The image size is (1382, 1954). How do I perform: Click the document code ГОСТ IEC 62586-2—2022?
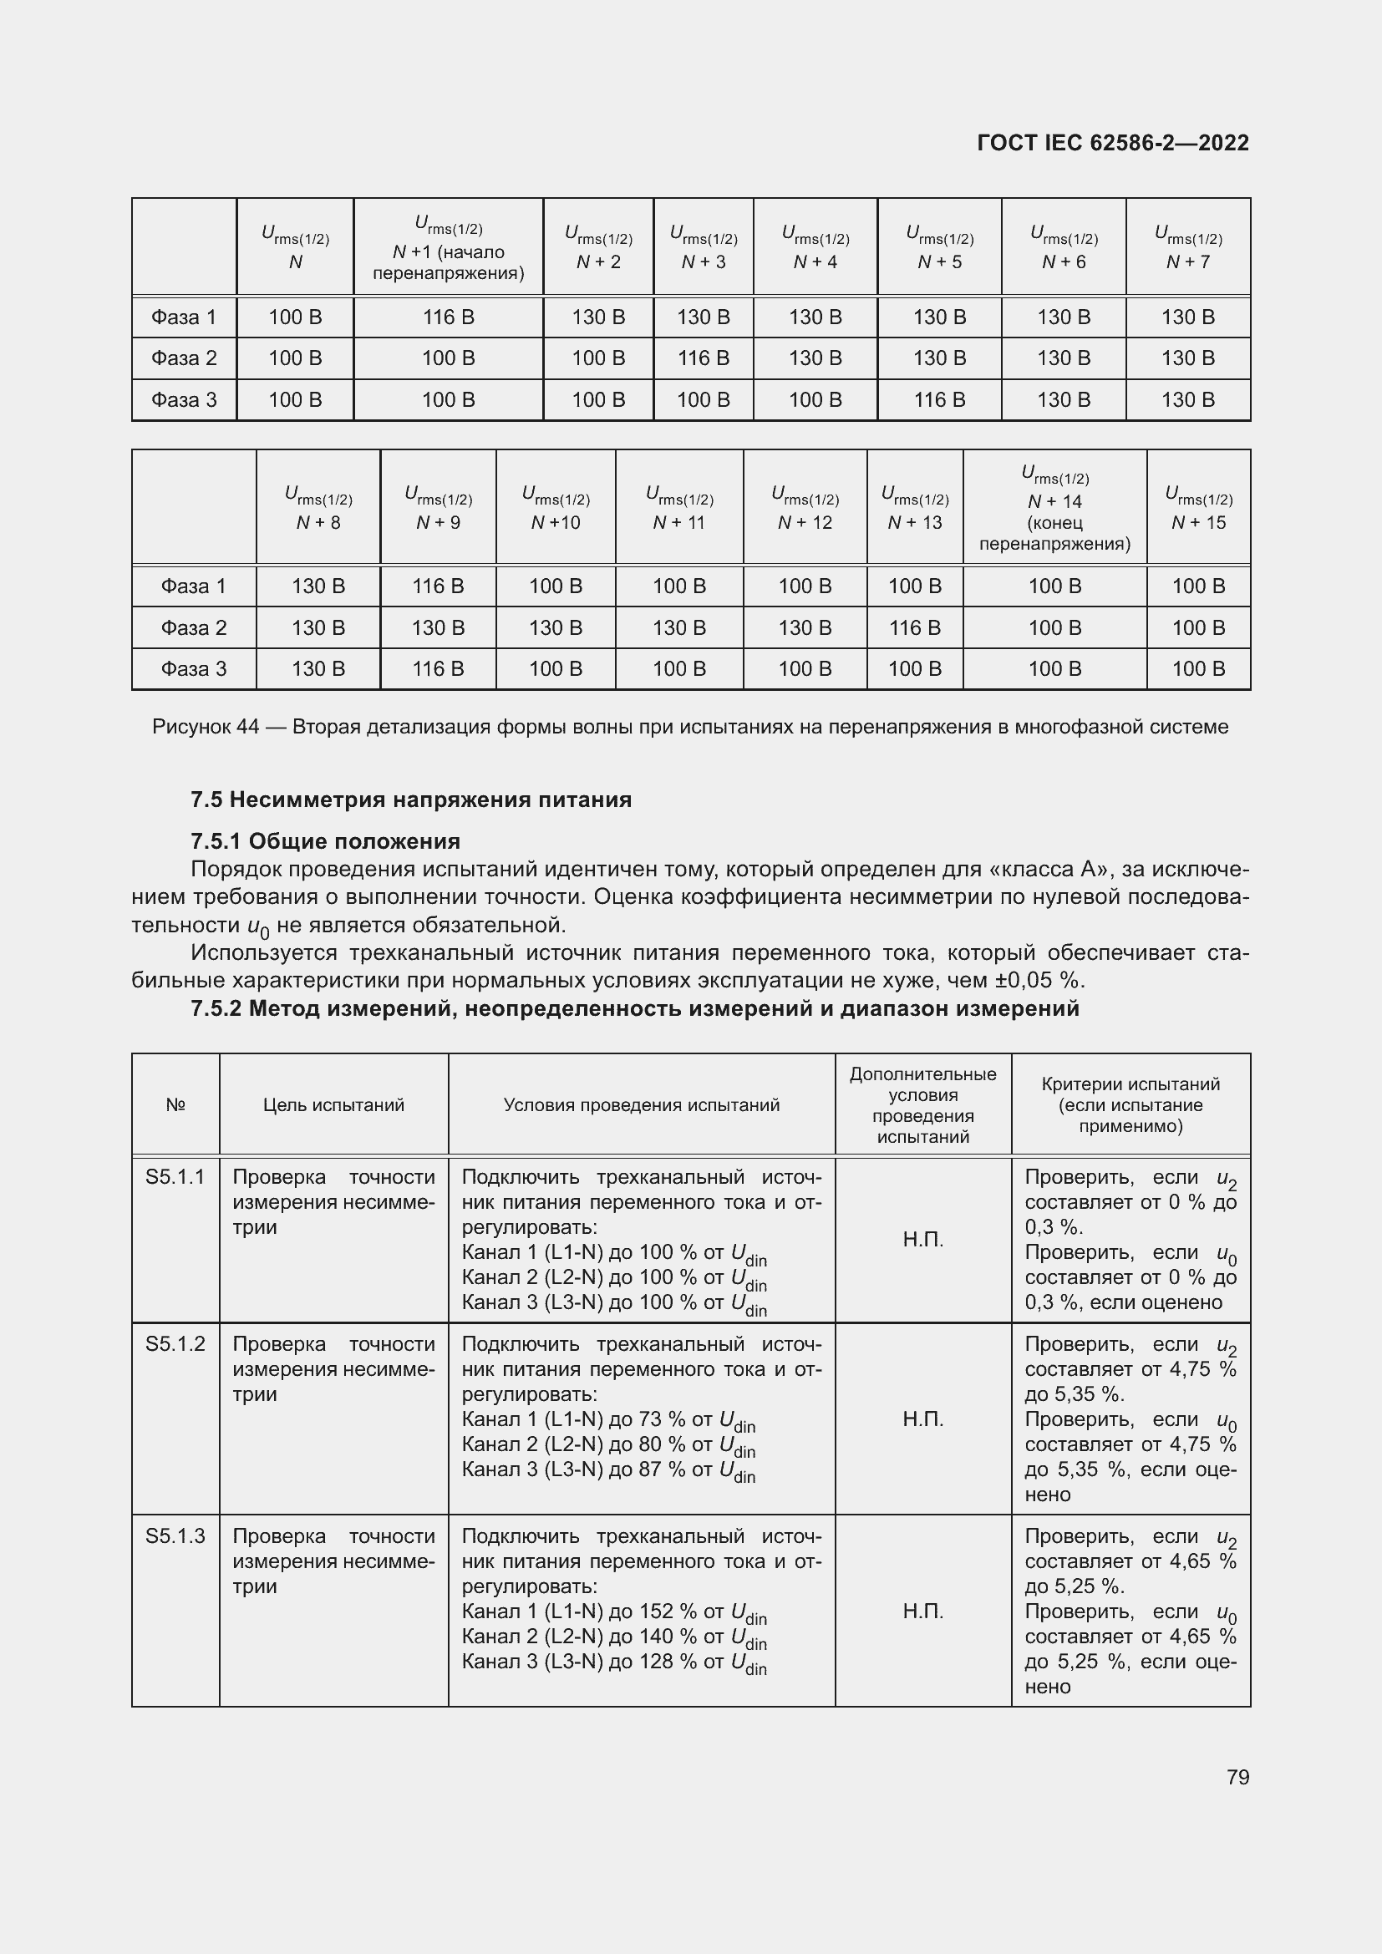coord(1112,143)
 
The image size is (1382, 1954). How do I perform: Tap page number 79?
coord(1237,1777)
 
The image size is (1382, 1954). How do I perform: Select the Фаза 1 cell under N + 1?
coord(448,317)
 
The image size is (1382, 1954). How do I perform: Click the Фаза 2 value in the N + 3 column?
coord(703,358)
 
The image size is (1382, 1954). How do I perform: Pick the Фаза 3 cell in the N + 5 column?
coord(938,400)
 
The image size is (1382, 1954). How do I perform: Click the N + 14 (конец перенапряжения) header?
coord(1054,508)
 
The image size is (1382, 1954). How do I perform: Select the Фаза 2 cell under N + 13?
coord(914,628)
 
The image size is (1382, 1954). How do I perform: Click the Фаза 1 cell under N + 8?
coord(318,586)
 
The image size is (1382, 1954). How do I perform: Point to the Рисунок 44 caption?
coord(690,727)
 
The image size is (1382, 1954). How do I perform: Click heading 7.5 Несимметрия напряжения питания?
coord(411,800)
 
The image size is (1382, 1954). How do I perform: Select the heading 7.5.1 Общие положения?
coord(325,842)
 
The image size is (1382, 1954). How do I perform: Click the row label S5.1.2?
coord(175,1344)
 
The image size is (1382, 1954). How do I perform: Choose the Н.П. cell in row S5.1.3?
coord(922,1611)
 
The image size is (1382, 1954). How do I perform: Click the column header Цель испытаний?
coord(333,1105)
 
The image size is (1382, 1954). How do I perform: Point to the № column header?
coord(175,1105)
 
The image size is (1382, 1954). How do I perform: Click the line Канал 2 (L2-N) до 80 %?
coord(607,1445)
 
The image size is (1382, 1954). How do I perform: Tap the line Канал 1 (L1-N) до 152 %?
coord(613,1611)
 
